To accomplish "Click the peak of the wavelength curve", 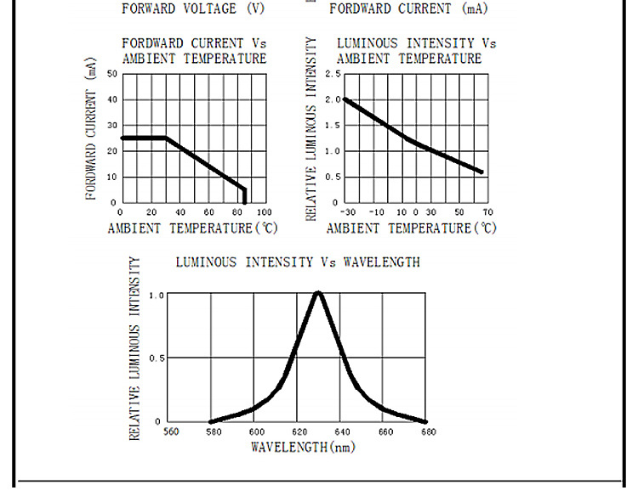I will (x=318, y=293).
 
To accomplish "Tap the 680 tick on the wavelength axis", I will (x=427, y=431).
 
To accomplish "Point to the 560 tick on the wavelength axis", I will (x=170, y=431).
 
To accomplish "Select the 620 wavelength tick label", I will (x=299, y=431).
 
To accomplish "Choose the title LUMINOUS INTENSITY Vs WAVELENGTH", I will (x=298, y=262).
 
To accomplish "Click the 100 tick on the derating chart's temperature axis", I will (x=264, y=211).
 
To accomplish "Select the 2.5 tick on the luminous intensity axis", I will (x=333, y=75).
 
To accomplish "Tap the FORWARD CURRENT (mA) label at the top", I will (x=409, y=9).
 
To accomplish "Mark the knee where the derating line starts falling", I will (x=166, y=138).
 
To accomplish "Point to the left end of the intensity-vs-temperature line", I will (x=344, y=99).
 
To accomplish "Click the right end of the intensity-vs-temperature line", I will (x=482, y=172).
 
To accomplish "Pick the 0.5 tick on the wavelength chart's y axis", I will (x=156, y=358).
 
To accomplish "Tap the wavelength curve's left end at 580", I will (x=212, y=421).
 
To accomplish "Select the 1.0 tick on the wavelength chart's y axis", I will (x=156, y=295).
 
